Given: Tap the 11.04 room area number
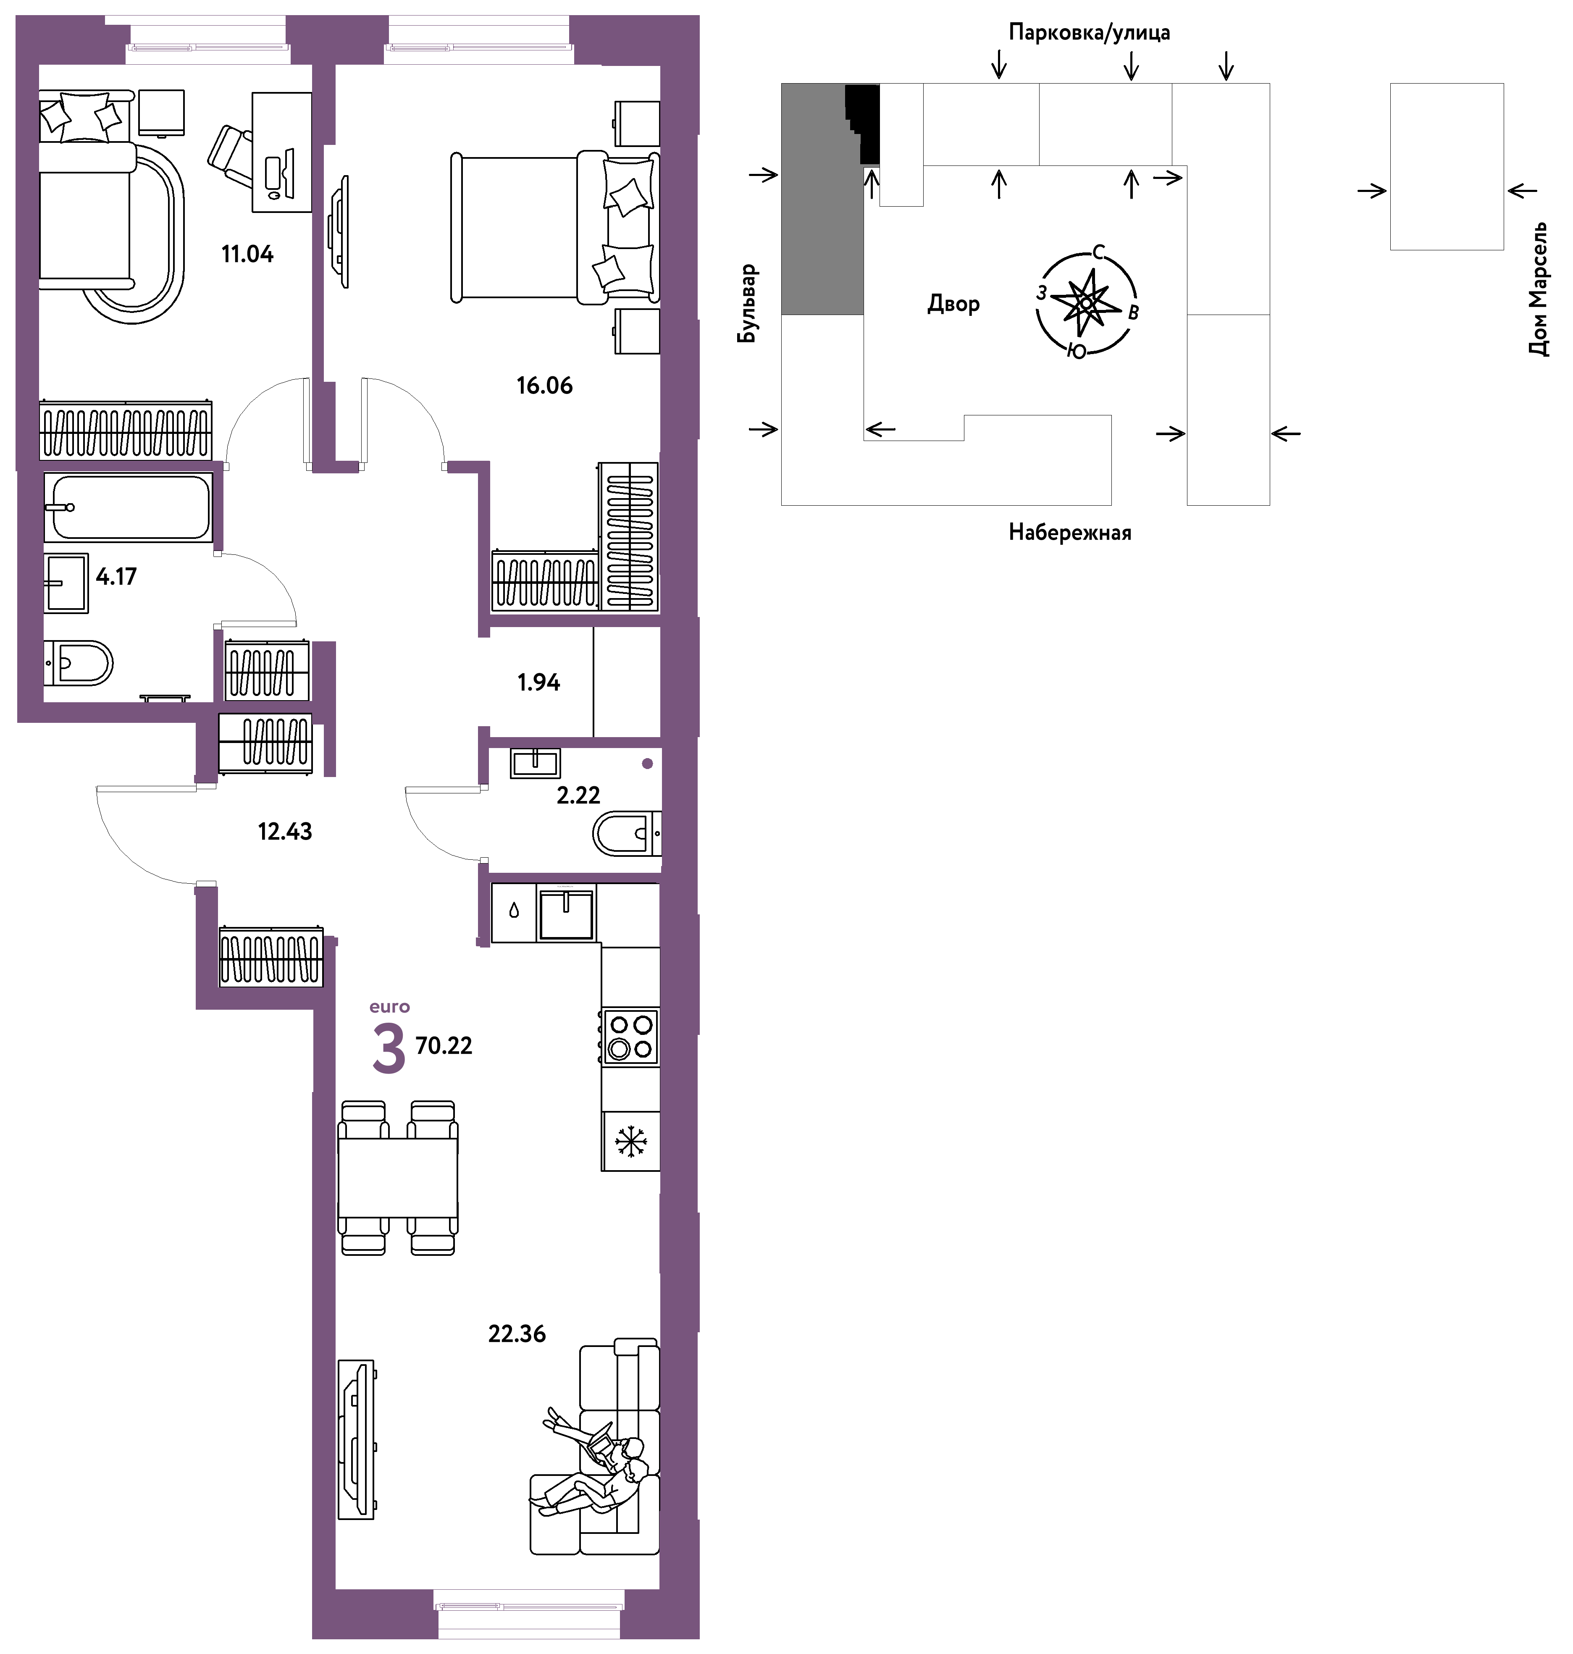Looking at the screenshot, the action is [x=247, y=254].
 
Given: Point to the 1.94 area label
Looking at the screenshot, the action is [x=538, y=683].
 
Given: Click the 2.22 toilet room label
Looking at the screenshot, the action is [x=578, y=795].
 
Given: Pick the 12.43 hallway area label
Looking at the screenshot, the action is [x=285, y=832].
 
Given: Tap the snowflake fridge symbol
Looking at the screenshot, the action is [x=630, y=1141].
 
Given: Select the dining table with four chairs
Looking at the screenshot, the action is [x=397, y=1177].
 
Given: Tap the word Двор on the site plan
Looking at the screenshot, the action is [x=953, y=304].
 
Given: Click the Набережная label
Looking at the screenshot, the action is [x=1070, y=532].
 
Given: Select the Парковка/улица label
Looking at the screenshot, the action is [x=1089, y=33].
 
